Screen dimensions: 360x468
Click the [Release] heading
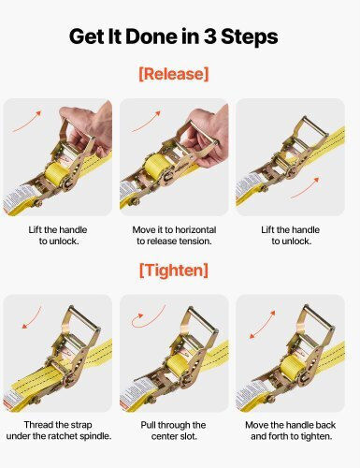(174, 74)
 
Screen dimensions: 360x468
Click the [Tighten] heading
(174, 271)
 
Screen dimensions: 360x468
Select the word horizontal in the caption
(195, 230)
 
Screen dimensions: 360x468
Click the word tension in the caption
(194, 241)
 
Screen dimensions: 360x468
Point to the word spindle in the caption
(95, 436)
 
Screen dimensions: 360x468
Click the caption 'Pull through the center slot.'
(173, 431)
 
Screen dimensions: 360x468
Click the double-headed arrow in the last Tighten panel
(263, 325)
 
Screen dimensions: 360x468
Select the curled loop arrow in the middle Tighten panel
(147, 317)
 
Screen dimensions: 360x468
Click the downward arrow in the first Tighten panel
(32, 317)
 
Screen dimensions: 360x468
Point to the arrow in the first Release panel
(27, 121)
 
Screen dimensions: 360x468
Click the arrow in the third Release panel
(305, 188)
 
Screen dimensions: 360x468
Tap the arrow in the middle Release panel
(146, 121)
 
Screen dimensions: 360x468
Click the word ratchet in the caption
(64, 436)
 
